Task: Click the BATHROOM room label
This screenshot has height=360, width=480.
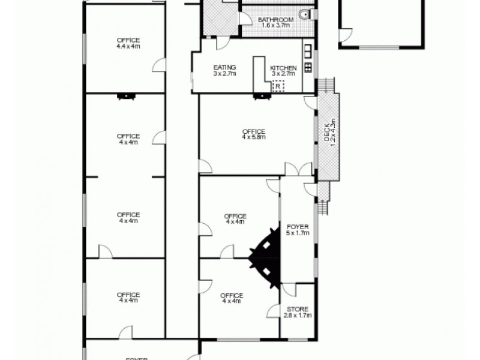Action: pyautogui.click(x=276, y=20)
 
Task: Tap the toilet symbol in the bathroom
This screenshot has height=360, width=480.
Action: pyautogui.click(x=306, y=14)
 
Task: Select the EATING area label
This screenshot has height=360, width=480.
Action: pyautogui.click(x=224, y=67)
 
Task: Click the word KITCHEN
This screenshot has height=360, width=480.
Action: pyautogui.click(x=283, y=68)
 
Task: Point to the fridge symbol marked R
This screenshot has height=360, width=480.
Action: pyautogui.click(x=278, y=86)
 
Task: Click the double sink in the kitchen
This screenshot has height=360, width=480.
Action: pyautogui.click(x=308, y=49)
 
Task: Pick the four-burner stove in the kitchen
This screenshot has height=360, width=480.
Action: pyautogui.click(x=308, y=67)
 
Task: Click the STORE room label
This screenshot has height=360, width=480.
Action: pyautogui.click(x=297, y=310)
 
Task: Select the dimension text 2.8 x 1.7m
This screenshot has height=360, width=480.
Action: pyautogui.click(x=297, y=316)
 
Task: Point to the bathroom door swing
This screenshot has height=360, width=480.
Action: pyautogui.click(x=245, y=18)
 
